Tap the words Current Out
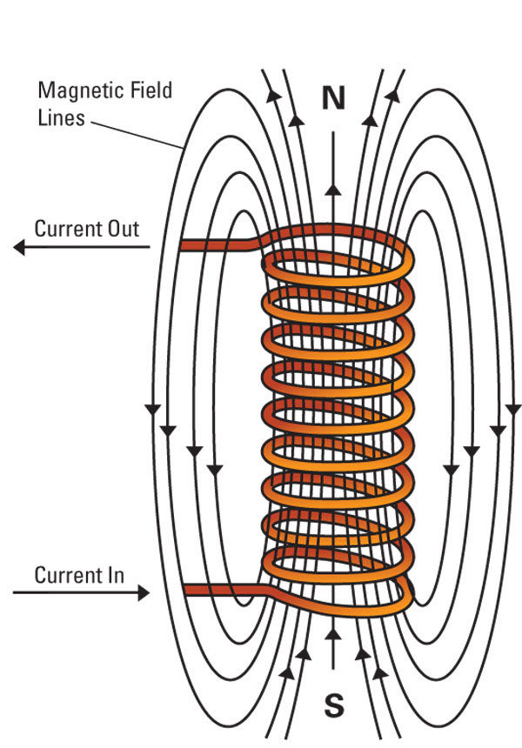coord(86,229)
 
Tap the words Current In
coord(79,575)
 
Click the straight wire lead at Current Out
coord(217,246)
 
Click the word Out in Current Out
coord(122,229)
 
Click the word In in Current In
coord(114,575)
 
